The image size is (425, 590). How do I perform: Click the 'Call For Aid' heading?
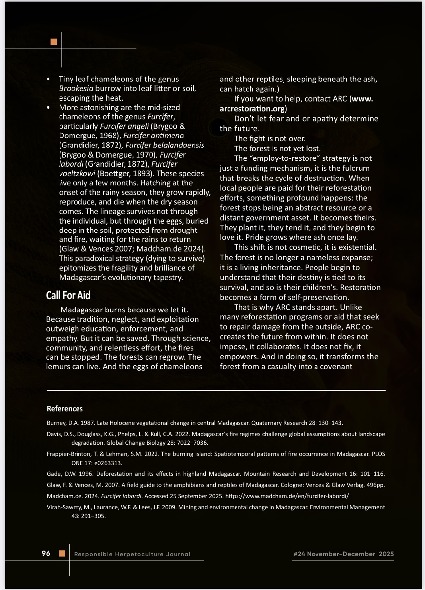[x=68, y=296]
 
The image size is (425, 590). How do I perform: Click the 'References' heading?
[x=64, y=409]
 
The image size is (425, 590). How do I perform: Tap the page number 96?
[x=46, y=553]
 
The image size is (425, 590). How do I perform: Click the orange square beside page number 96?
[x=62, y=553]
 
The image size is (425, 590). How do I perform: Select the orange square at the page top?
[x=54, y=41]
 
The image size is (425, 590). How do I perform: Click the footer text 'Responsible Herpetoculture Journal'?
[x=132, y=554]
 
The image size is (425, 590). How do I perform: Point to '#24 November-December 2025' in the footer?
[x=343, y=554]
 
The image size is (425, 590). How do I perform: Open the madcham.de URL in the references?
[x=287, y=496]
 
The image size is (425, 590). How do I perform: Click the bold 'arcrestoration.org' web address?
[x=252, y=109]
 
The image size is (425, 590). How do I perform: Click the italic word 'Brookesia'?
[x=76, y=88]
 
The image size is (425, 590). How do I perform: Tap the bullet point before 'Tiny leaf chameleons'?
[x=49, y=79]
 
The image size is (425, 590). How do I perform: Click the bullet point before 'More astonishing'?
[x=49, y=107]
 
